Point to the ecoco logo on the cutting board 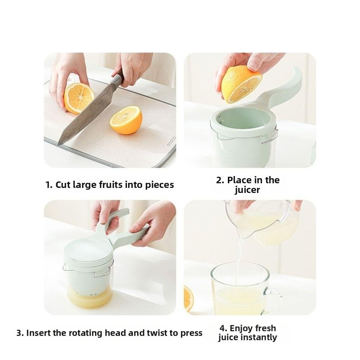click(171, 141)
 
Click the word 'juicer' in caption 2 click(247, 190)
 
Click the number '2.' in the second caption click(220, 180)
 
